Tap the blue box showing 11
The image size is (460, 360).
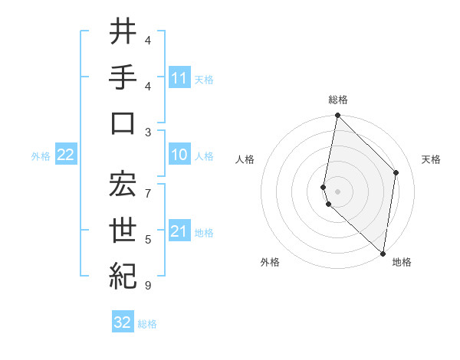tap(179, 77)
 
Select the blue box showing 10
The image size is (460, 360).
tap(179, 155)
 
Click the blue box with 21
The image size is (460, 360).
tap(179, 232)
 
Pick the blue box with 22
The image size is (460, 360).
tap(66, 155)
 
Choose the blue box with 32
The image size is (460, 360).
tap(123, 322)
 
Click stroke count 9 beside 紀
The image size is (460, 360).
tap(148, 286)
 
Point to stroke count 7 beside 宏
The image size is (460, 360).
tap(148, 186)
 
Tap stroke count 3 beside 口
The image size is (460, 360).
tap(148, 132)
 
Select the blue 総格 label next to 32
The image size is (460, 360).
tap(147, 324)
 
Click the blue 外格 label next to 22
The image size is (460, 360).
tap(41, 156)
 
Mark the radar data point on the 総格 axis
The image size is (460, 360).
tap(337, 116)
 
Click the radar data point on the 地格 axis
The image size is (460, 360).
tap(383, 254)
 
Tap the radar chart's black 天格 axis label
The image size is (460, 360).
tap(431, 159)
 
